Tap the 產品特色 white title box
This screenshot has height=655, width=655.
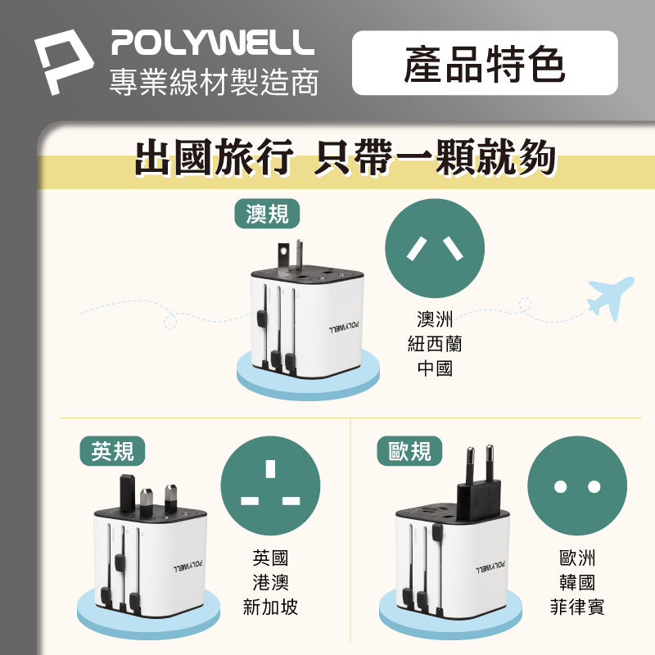point(485,64)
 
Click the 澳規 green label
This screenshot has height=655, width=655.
point(267,213)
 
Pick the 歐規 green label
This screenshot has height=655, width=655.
point(410,449)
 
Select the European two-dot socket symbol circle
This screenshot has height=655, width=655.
point(576,486)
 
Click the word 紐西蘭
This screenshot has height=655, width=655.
point(435,344)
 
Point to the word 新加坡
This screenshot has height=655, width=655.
point(271,608)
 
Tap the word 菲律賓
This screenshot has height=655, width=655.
point(576,608)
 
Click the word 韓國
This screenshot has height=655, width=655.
point(576,583)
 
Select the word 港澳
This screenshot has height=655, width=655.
point(271,583)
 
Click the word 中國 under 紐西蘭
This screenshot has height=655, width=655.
point(435,368)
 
